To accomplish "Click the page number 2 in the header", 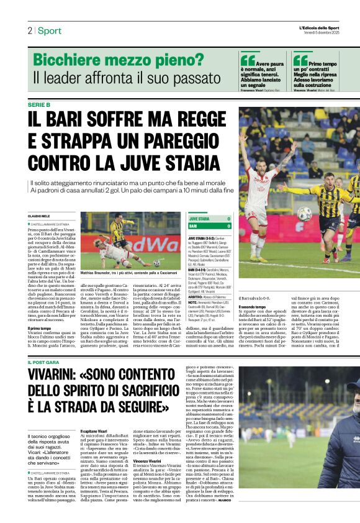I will [x=29, y=30].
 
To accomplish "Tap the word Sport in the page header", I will [x=49, y=30].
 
